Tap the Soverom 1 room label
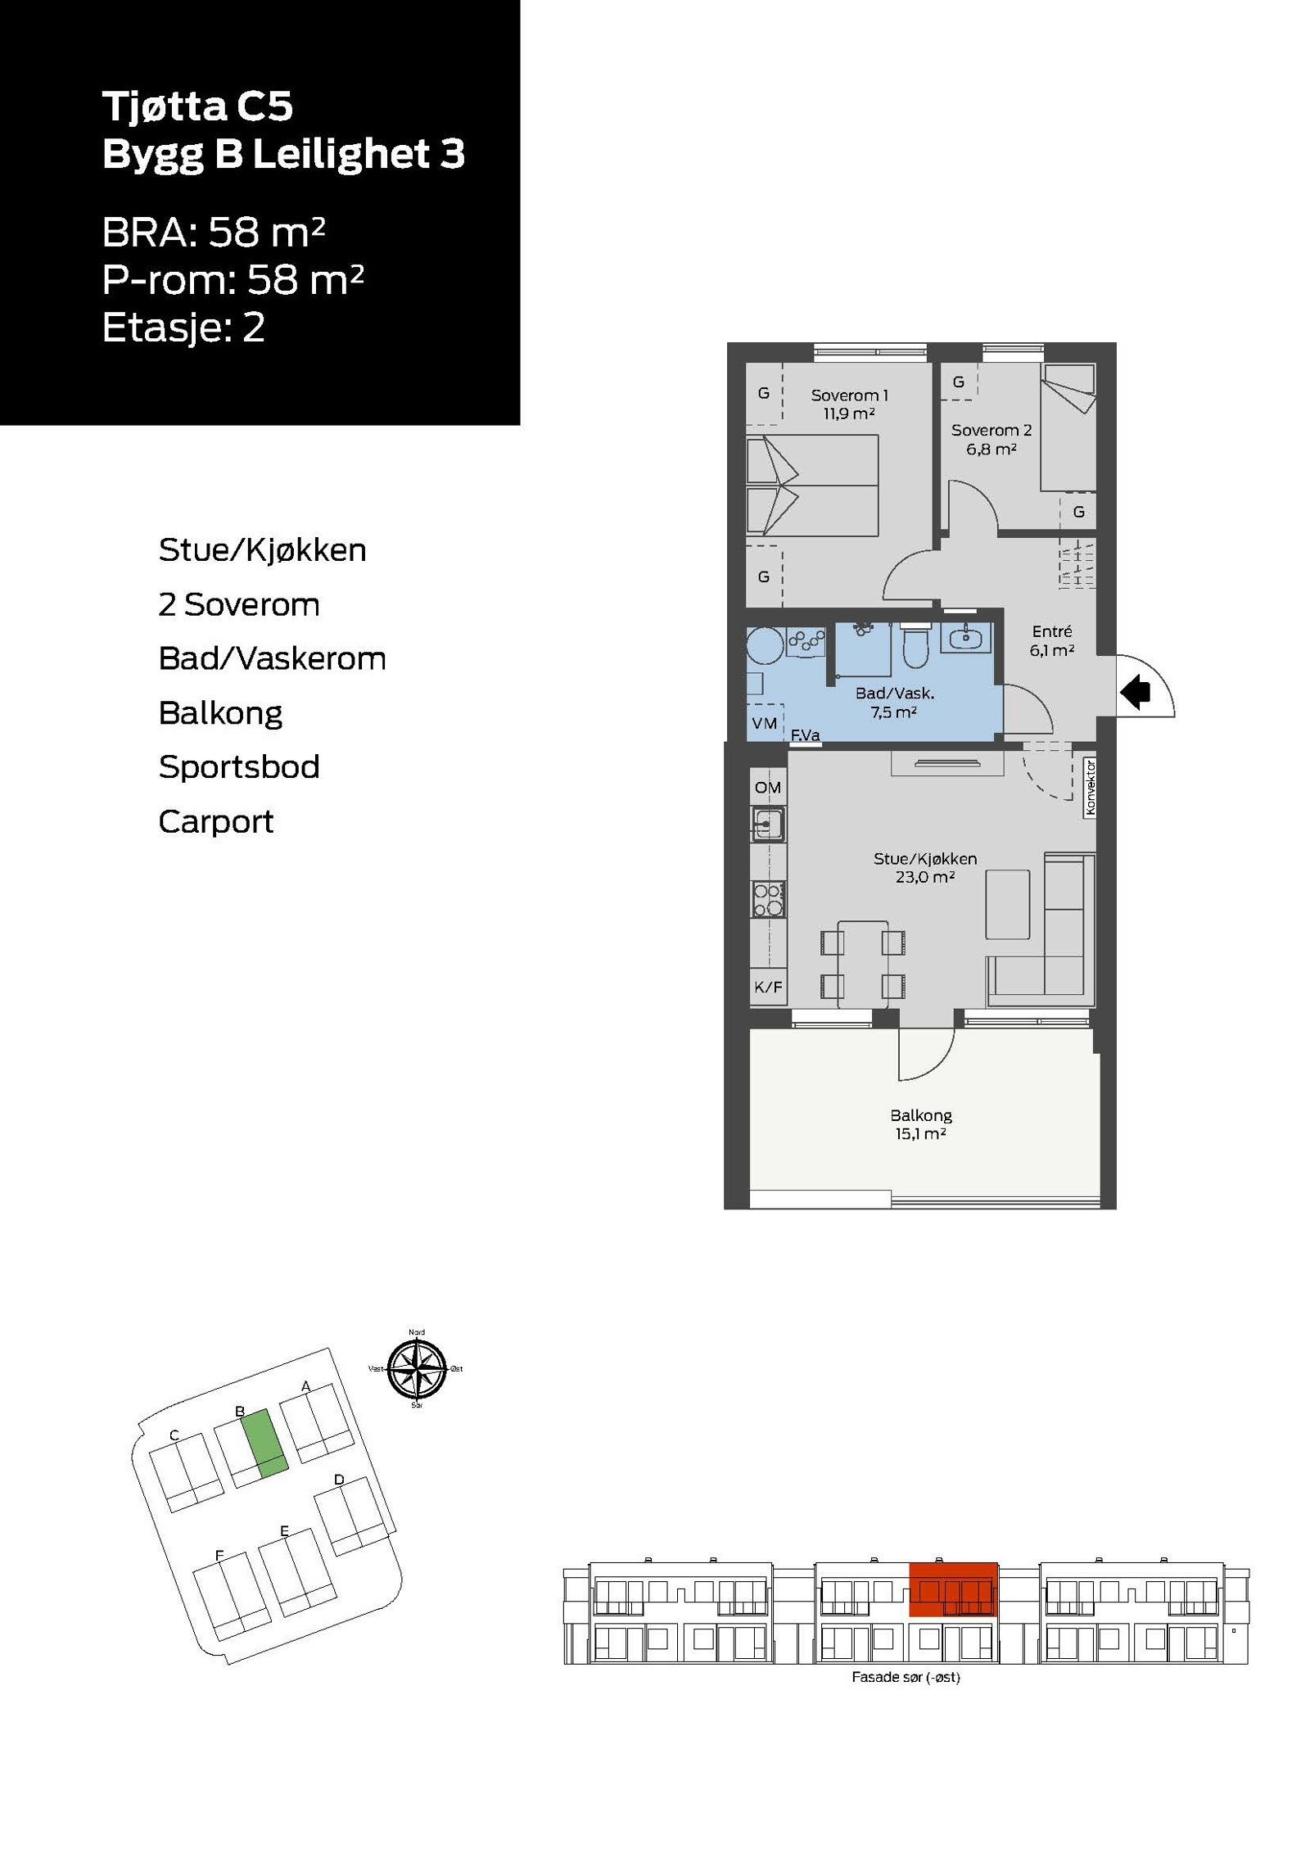pos(849,395)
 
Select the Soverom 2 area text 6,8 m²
pos(991,449)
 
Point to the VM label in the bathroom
pos(764,723)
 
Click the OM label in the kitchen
pos(767,787)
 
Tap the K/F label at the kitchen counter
pos(767,988)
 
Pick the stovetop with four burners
pos(768,899)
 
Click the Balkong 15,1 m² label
pos(921,1123)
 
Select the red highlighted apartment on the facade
pos(953,1589)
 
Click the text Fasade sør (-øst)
pos(906,1677)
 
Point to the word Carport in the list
pos(215,821)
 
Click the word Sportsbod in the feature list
pos(238,767)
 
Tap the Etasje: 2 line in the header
pos(183,328)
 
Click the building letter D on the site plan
pos(339,1480)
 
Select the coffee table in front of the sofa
pos(1007,904)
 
